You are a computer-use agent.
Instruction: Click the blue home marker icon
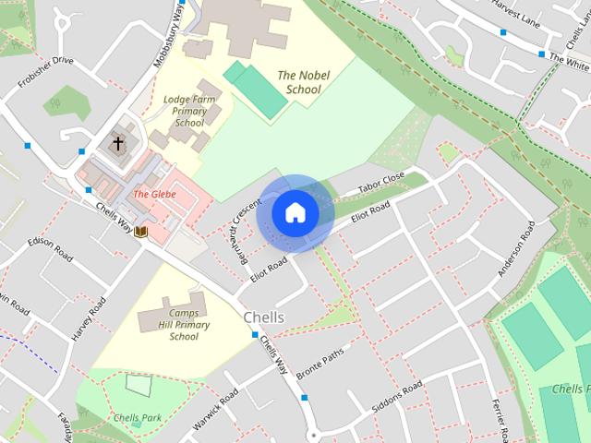tap(295, 213)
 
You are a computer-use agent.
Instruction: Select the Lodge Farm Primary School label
tap(188, 110)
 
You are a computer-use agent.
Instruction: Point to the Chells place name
tap(263, 317)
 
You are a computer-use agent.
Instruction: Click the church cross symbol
tap(117, 144)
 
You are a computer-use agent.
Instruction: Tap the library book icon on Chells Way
tap(141, 231)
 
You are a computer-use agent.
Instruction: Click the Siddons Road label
tap(396, 394)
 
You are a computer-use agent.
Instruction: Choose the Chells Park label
tap(138, 418)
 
